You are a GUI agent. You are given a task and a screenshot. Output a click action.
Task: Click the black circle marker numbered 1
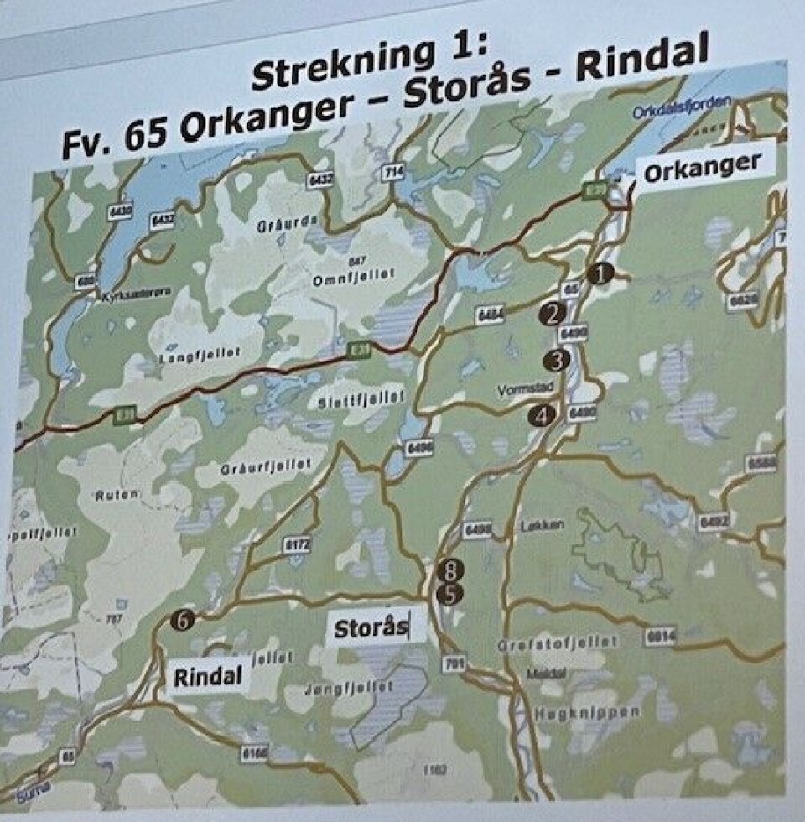(600, 273)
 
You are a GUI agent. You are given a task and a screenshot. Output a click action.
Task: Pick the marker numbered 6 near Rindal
(183, 620)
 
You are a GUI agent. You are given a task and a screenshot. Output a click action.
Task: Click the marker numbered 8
(451, 572)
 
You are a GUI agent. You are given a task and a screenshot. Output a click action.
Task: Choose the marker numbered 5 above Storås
(451, 595)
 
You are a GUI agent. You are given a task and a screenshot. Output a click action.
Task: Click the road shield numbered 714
(393, 173)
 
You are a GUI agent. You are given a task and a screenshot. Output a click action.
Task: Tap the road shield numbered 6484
(489, 315)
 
